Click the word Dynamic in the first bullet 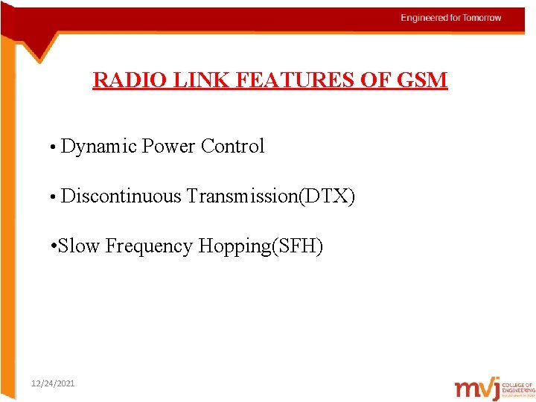coord(98,147)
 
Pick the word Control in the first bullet coord(232,147)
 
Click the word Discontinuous coord(121,197)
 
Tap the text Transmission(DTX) coord(271,197)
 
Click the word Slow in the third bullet coord(78,246)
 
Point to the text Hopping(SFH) coord(261,246)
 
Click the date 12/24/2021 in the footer coord(53,383)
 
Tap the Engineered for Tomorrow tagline coord(451,18)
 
